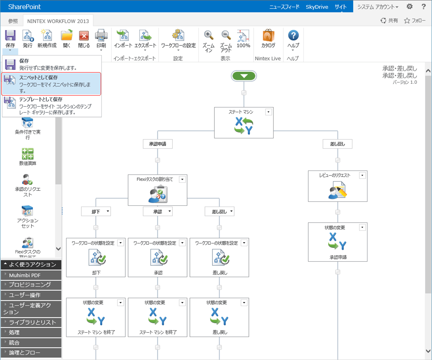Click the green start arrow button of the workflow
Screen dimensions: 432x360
pyautogui.click(x=244, y=76)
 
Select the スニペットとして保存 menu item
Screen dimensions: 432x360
pyautogui.click(x=52, y=84)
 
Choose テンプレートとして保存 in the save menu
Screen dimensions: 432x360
pyautogui.click(x=52, y=106)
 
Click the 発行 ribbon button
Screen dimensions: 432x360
pyautogui.click(x=28, y=39)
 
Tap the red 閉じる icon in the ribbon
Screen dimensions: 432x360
pyautogui.click(x=84, y=36)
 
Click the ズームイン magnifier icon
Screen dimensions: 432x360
pyautogui.click(x=208, y=35)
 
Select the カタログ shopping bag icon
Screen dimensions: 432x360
pyautogui.click(x=268, y=35)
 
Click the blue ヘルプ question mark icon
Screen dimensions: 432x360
pyautogui.click(x=293, y=35)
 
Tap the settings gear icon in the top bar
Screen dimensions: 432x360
pyautogui.click(x=410, y=6)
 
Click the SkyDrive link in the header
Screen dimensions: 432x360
pyautogui.click(x=317, y=7)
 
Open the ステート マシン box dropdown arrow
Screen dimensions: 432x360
pyautogui.click(x=268, y=112)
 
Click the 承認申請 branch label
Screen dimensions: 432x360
pyautogui.click(x=158, y=144)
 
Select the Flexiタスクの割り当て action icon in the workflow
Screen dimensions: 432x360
pyautogui.click(x=157, y=194)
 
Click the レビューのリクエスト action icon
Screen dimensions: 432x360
pyautogui.click(x=337, y=190)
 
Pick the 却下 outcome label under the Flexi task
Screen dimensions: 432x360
pyautogui.click(x=96, y=211)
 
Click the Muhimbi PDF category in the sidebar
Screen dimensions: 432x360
pyautogui.click(x=31, y=275)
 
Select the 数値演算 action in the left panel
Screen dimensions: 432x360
pyautogui.click(x=28, y=157)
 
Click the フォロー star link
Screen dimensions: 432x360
pyautogui.click(x=415, y=21)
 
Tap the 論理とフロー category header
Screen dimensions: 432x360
pyautogui.click(x=31, y=352)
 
